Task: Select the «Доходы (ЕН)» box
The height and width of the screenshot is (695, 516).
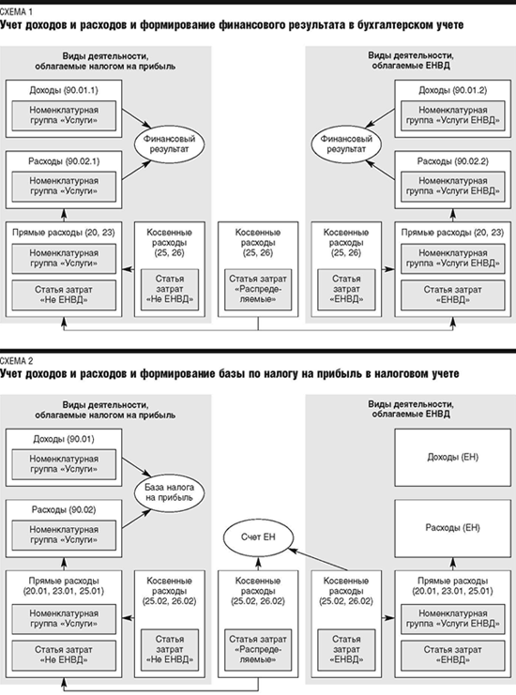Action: [x=452, y=457]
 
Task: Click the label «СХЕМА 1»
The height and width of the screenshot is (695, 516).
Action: [x=16, y=12]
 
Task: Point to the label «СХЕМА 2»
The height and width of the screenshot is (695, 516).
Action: [x=16, y=361]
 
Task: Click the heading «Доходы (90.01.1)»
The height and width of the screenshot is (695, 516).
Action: [x=64, y=90]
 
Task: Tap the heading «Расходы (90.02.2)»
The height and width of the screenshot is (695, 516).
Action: [x=452, y=161]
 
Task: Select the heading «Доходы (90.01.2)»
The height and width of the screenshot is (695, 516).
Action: [x=452, y=90]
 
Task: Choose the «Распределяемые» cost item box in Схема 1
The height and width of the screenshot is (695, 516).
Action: [x=258, y=289]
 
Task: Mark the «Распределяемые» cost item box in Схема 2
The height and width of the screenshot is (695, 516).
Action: [x=258, y=649]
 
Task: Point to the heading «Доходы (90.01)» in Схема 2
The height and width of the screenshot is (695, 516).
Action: [x=64, y=439]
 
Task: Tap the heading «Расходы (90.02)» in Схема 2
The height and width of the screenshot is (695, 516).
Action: [x=64, y=510]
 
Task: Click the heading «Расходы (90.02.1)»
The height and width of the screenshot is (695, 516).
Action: [x=64, y=161]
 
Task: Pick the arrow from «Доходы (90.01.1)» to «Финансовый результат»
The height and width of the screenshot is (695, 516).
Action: [x=137, y=118]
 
